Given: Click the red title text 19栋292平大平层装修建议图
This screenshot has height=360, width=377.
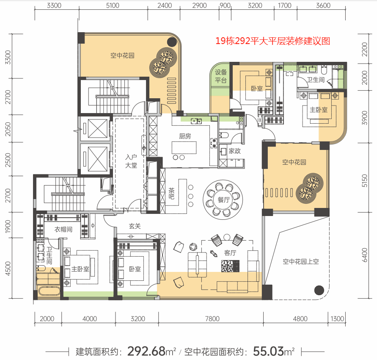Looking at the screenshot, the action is [x=272, y=41].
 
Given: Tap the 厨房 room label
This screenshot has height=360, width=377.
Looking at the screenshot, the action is [x=185, y=136].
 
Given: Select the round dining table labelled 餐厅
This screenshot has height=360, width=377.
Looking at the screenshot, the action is [x=223, y=199].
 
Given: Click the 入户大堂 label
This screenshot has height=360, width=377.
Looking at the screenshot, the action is [x=131, y=161].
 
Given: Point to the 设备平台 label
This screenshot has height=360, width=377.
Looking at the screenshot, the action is [x=221, y=76].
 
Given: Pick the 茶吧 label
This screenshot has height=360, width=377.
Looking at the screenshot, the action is [x=171, y=194].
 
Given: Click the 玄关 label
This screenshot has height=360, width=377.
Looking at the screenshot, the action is [x=135, y=226].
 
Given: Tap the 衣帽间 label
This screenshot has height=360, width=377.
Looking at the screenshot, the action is [x=63, y=229].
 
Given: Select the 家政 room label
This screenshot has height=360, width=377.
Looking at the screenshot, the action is [x=234, y=151].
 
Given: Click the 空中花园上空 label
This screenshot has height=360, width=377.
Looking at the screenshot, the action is [x=300, y=262].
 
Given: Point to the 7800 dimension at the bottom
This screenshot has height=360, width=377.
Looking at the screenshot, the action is [x=212, y=319].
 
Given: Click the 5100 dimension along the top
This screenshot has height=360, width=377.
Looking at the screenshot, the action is [x=113, y=6].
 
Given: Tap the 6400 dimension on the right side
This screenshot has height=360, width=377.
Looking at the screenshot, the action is [x=365, y=255].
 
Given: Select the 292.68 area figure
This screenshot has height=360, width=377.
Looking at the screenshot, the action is [x=146, y=351].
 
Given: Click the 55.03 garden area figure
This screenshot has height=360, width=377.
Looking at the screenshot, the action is [x=269, y=351].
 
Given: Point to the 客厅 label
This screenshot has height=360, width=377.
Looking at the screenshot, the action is [x=230, y=253].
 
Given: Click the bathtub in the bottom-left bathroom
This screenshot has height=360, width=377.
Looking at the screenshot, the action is [x=49, y=291].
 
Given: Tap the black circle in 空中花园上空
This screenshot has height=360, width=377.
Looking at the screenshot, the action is [x=319, y=290].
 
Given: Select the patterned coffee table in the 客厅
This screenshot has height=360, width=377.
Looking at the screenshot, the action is [x=230, y=266].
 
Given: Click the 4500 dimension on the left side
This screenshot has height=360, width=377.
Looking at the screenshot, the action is [x=8, y=269].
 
